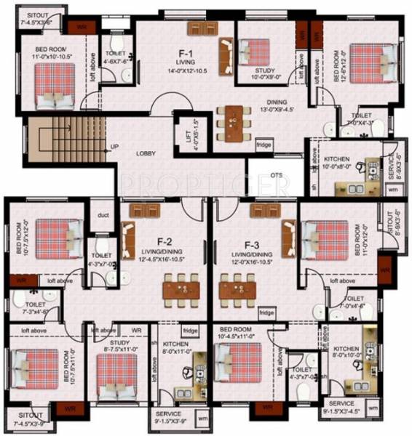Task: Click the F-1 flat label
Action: point(186,53)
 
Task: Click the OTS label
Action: point(277,175)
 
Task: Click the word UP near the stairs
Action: point(114,147)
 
